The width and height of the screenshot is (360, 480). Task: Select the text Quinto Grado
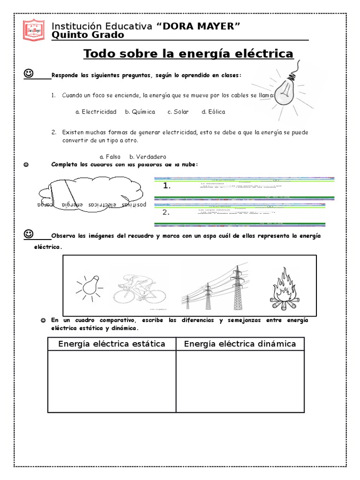tap(88, 36)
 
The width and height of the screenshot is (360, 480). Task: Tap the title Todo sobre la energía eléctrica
tap(188, 54)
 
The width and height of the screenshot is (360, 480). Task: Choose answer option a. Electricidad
tap(96, 112)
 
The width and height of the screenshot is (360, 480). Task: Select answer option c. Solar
tap(178, 112)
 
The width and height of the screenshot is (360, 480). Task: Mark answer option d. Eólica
tap(213, 112)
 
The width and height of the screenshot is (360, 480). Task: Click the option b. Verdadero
tap(148, 157)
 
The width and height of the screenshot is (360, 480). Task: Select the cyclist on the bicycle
tap(140, 286)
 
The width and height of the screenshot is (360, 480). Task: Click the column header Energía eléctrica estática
tap(112, 344)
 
